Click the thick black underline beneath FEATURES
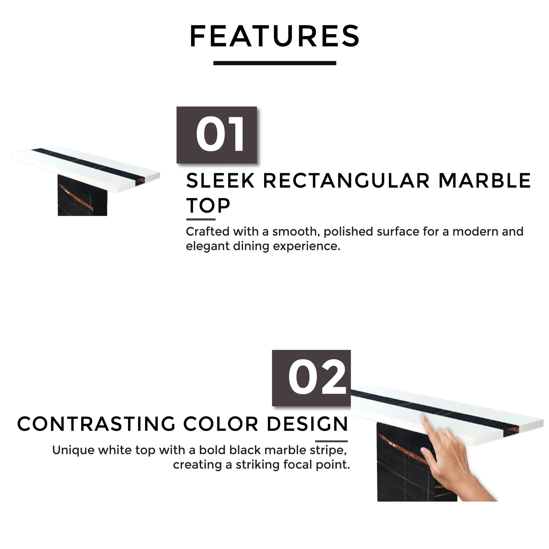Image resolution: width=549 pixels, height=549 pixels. [x=274, y=63]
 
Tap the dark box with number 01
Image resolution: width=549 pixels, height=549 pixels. [x=217, y=135]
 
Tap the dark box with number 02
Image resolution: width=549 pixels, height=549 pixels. [x=311, y=378]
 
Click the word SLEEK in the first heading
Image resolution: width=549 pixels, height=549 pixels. [x=220, y=181]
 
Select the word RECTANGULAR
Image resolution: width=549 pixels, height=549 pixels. [x=346, y=181]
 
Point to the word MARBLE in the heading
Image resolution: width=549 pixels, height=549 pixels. [x=485, y=181]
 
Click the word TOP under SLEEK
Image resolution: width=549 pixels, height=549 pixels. [x=208, y=206]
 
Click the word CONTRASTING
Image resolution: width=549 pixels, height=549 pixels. [x=96, y=424]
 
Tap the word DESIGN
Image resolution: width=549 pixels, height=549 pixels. [x=307, y=424]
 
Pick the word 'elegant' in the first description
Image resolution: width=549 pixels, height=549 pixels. [x=207, y=246]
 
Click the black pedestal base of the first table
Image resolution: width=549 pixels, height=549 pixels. [x=82, y=195]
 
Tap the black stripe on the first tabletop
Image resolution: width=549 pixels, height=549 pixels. [x=87, y=165]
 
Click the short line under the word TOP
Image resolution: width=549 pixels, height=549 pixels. [x=201, y=219]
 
